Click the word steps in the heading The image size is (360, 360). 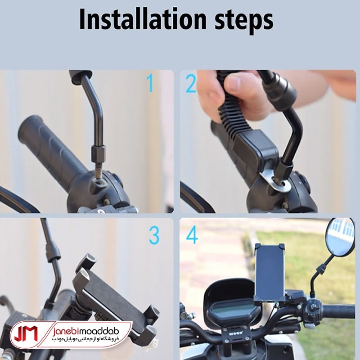pyautogui.click(x=244, y=22)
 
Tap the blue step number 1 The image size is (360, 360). pyautogui.click(x=150, y=83)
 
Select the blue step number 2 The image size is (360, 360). pyautogui.click(x=191, y=83)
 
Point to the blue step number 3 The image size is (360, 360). pyautogui.click(x=154, y=235)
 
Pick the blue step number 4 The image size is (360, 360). pyautogui.click(x=192, y=234)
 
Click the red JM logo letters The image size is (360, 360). pyautogui.click(x=26, y=333)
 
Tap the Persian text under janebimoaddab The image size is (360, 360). pyautogui.click(x=85, y=339)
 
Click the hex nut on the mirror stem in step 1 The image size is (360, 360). pyautogui.click(x=98, y=153)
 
